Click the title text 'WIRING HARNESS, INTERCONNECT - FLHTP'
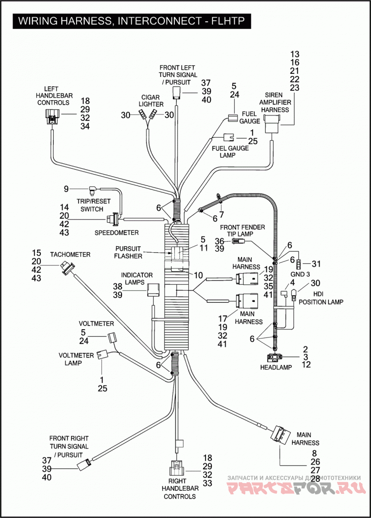pyautogui.click(x=131, y=21)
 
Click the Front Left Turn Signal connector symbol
pyautogui.click(x=177, y=93)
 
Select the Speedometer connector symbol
pyautogui.click(x=112, y=218)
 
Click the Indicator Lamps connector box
pyautogui.click(x=153, y=290)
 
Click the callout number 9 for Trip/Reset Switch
pyautogui.click(x=66, y=189)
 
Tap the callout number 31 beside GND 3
pyautogui.click(x=316, y=263)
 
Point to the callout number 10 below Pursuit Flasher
pyautogui.click(x=198, y=275)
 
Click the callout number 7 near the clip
pyautogui.click(x=221, y=214)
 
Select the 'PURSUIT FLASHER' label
pyautogui.click(x=128, y=252)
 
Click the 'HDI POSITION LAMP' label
pyautogui.click(x=321, y=298)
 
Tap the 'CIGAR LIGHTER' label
pyautogui.click(x=151, y=101)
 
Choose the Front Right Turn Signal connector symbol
pyautogui.click(x=84, y=464)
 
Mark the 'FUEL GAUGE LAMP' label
pyautogui.click(x=230, y=152)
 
